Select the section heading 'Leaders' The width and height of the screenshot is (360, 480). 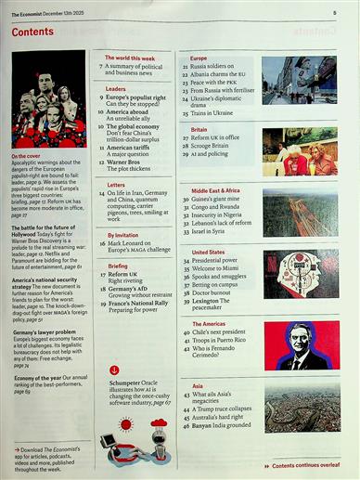coord(116,89)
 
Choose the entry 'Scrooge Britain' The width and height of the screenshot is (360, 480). coord(213,147)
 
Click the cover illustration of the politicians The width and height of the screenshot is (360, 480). coord(47,100)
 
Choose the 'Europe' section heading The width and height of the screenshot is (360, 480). coord(199,58)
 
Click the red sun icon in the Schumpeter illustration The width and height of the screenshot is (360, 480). coord(126,424)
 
